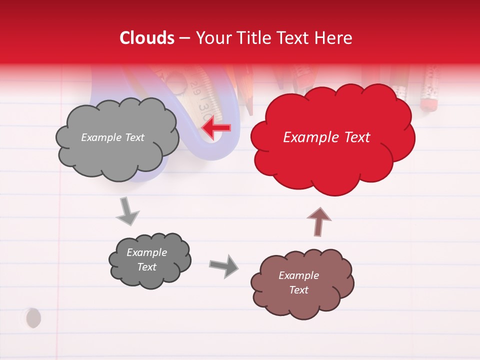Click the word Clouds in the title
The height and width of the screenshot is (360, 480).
coord(147,38)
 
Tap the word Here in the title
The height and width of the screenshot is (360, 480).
coord(334,38)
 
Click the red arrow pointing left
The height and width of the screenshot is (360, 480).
coord(216,127)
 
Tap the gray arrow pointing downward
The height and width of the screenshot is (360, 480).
coord(127,211)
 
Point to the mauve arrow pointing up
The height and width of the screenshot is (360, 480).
coord(318,221)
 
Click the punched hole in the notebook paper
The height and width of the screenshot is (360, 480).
coord(33,317)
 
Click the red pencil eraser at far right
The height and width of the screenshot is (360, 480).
coord(428,104)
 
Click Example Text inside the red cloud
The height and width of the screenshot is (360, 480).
coord(326,137)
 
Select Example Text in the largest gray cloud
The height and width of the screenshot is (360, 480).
coord(112,137)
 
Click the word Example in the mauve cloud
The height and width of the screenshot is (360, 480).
coord(298,275)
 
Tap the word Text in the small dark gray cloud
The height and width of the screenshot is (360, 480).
coord(146,267)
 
